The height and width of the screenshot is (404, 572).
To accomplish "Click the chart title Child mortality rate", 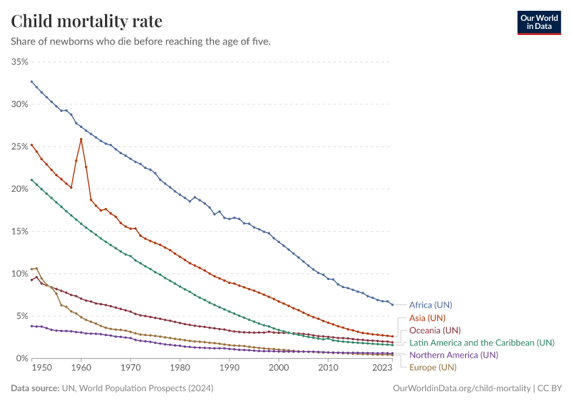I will coord(87,22).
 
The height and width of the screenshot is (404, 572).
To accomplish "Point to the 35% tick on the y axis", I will coord(20,62).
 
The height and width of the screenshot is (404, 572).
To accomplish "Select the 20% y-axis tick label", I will coord(20,189).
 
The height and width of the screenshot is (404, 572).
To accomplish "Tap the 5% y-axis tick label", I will coord(22,316).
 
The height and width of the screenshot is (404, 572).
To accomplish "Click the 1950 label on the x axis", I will coord(41,368).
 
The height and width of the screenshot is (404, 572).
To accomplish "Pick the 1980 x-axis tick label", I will coord(180,368).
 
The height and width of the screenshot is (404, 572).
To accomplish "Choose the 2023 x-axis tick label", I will coord(382,368).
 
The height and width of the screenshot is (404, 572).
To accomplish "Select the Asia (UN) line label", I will coord(427,318).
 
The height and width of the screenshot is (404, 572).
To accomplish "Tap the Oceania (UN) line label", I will coord(435,330).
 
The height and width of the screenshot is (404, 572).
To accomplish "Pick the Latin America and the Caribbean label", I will coord(482,343).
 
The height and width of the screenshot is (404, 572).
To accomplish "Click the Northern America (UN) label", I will coord(454,355).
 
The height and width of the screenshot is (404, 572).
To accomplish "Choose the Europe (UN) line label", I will coord(433,367).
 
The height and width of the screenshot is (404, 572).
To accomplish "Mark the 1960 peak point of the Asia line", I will coord(81,139).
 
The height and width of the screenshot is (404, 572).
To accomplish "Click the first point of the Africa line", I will coord(32,81).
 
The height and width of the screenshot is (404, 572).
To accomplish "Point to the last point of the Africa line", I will coord(392,304).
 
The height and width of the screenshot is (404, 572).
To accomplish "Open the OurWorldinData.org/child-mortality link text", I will coord(461,389).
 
